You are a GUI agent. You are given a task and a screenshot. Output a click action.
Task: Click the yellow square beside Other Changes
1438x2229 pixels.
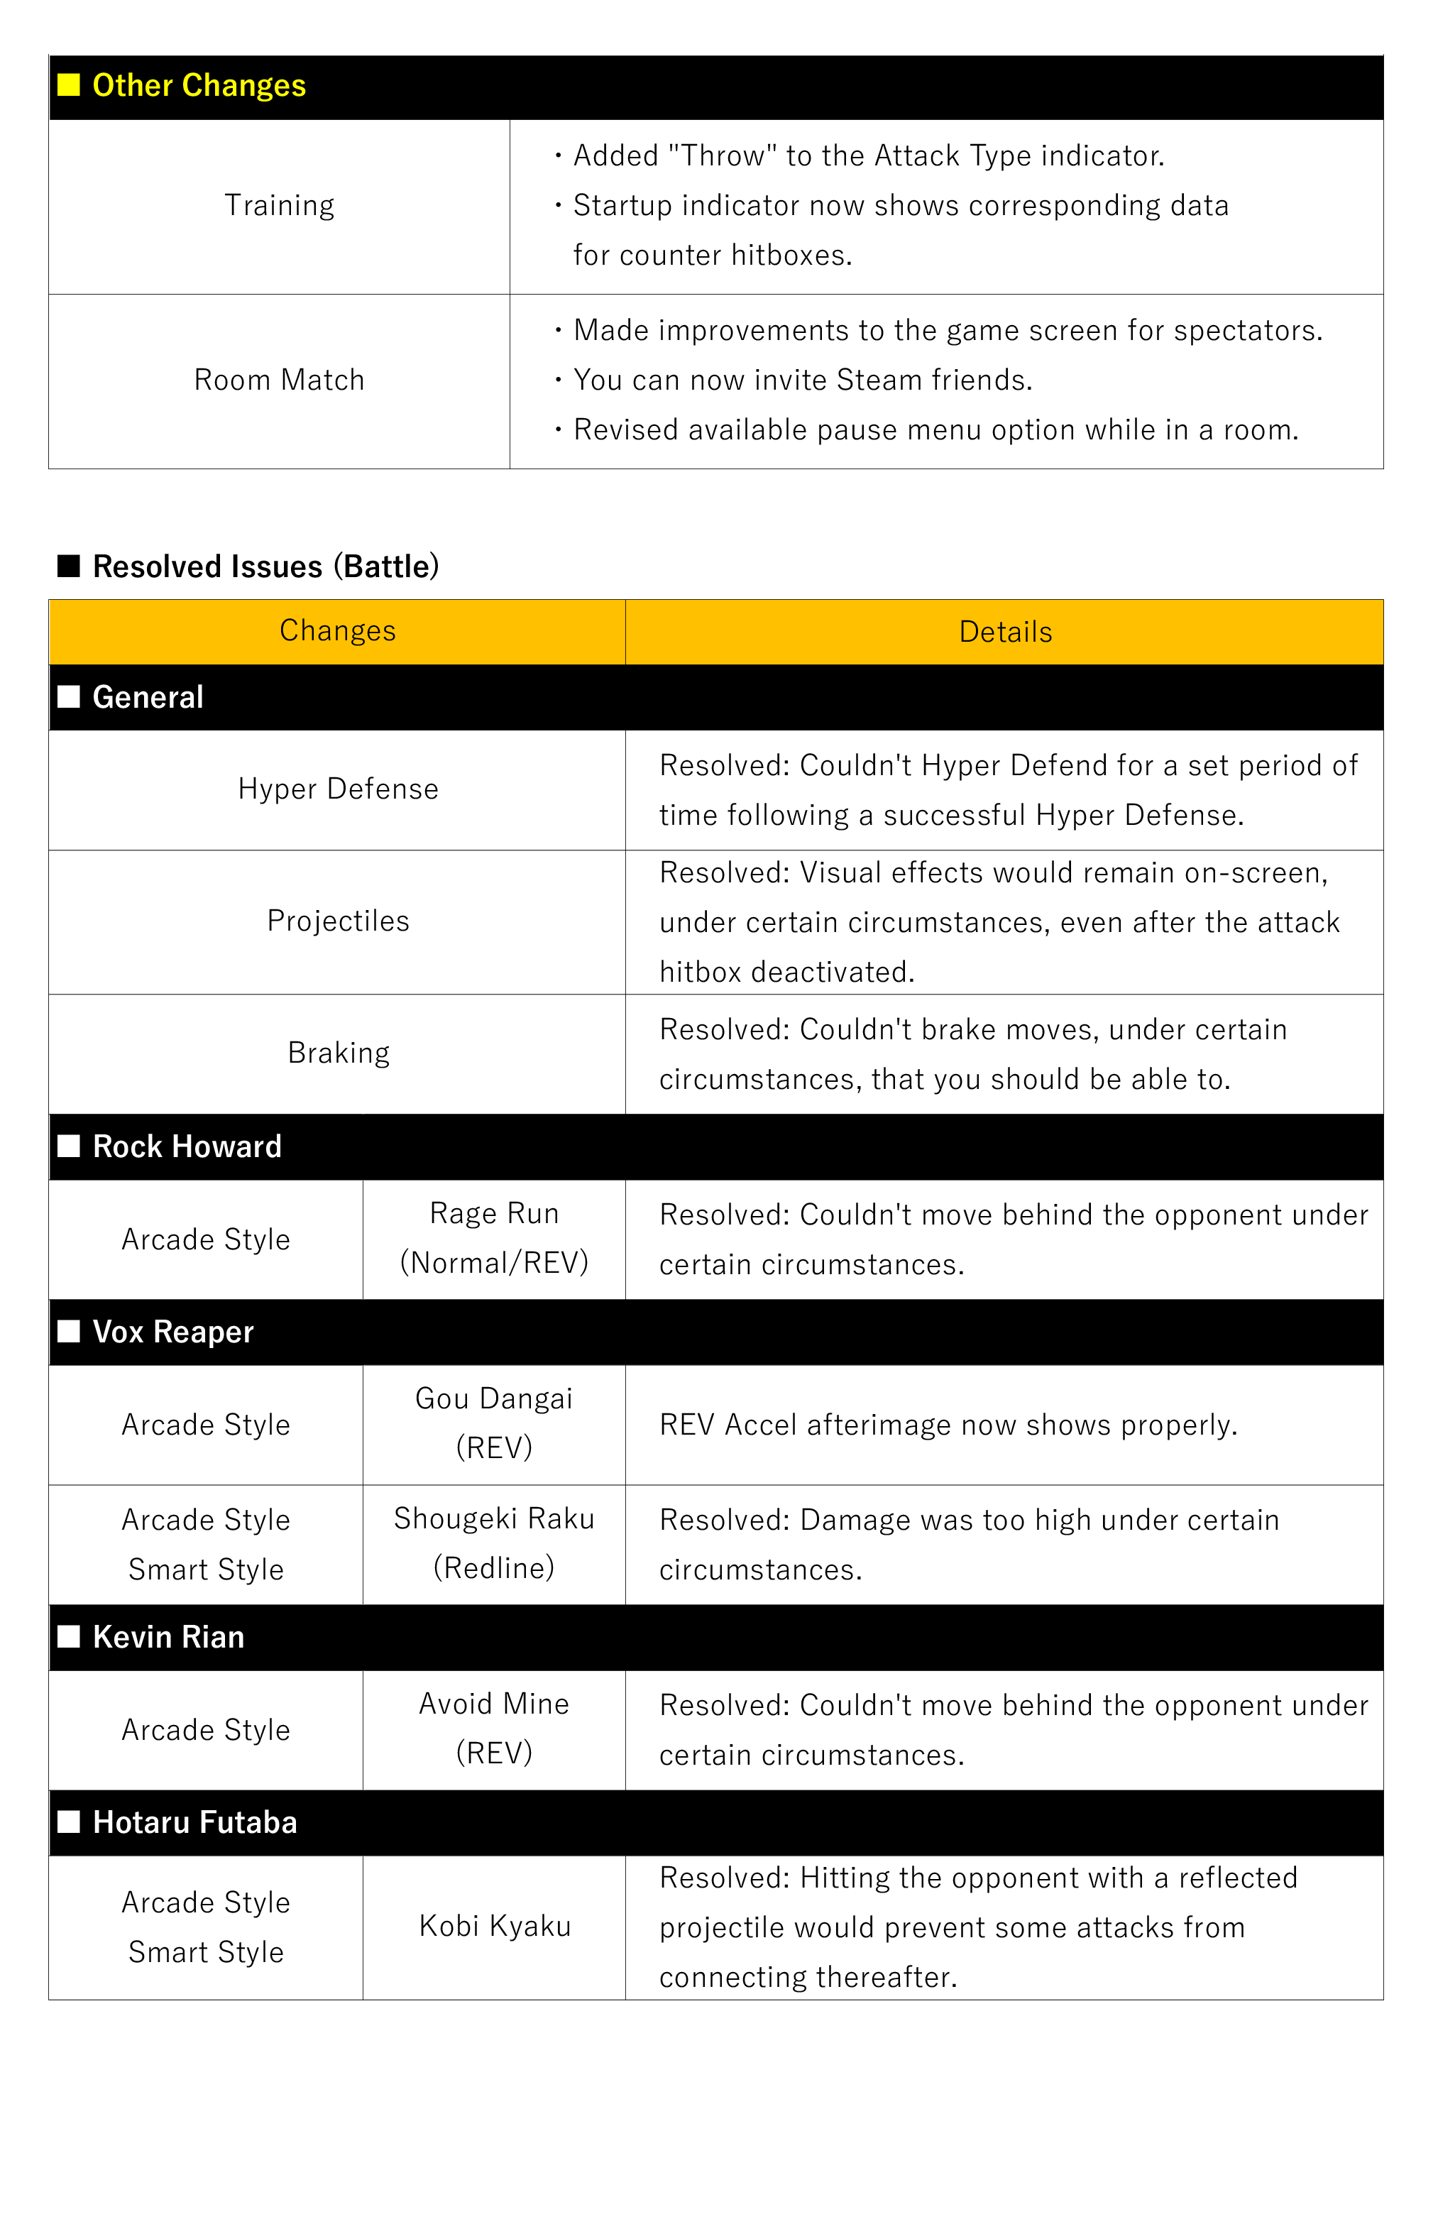pyautogui.click(x=68, y=86)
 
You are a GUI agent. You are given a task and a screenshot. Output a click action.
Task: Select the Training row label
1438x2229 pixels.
pyautogui.click(x=279, y=205)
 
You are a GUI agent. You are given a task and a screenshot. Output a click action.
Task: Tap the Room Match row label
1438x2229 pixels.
pyautogui.click(x=279, y=380)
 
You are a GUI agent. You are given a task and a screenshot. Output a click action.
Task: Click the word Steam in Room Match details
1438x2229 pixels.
pyautogui.click(x=877, y=380)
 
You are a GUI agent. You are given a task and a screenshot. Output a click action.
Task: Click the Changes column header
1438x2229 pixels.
pyautogui.click(x=337, y=631)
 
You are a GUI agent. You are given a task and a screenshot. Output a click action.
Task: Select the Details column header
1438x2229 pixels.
pyautogui.click(x=1005, y=632)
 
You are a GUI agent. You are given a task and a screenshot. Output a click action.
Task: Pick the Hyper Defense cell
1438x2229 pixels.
pyautogui.click(x=337, y=789)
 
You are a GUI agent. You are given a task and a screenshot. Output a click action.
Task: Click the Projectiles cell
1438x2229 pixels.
pyautogui.click(x=337, y=921)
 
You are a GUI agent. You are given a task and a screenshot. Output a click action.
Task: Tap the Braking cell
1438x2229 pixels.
pyautogui.click(x=337, y=1053)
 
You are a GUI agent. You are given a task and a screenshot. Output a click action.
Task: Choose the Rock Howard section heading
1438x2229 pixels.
pyautogui.click(x=187, y=1146)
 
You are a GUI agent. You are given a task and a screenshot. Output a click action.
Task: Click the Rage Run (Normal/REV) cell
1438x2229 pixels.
pyautogui.click(x=494, y=1238)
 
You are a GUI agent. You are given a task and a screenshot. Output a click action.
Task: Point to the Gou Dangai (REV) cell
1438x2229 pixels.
pyautogui.click(x=494, y=1423)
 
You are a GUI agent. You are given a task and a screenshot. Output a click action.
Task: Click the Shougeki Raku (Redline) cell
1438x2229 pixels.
pyautogui.click(x=494, y=1543)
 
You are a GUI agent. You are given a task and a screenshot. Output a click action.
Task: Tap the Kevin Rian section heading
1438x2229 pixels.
pyautogui.click(x=168, y=1637)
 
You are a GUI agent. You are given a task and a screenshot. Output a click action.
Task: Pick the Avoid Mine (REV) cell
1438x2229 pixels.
pyautogui.click(x=494, y=1729)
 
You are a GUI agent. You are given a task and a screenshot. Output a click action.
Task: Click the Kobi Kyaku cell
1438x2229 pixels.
pyautogui.click(x=494, y=1927)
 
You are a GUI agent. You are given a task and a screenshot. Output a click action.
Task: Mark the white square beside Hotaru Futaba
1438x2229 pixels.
pyautogui.click(x=68, y=1822)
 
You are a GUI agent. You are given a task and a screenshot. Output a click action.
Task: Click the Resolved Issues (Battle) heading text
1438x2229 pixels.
pyautogui.click(x=265, y=566)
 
